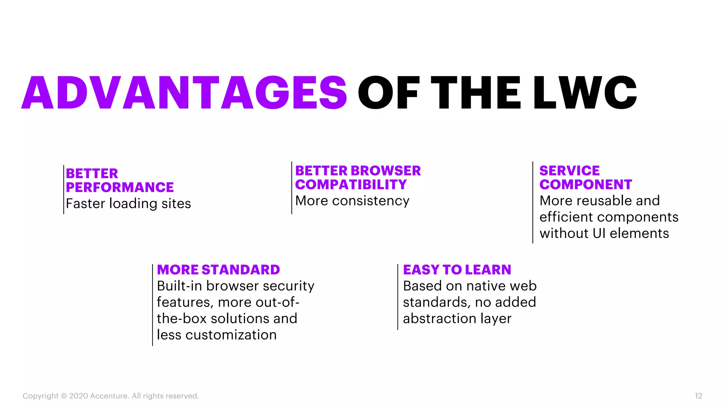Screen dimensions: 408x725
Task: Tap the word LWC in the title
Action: (x=585, y=93)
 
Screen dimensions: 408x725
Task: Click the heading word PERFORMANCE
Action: (x=120, y=187)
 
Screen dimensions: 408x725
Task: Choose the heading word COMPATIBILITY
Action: (x=351, y=185)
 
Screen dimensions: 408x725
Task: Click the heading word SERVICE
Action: (x=569, y=171)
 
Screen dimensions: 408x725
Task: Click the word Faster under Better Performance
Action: (x=86, y=204)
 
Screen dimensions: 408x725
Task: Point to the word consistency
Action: (x=371, y=201)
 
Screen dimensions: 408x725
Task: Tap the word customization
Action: (x=231, y=335)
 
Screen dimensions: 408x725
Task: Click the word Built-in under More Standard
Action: (x=179, y=286)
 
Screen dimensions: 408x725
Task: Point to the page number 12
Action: (x=698, y=396)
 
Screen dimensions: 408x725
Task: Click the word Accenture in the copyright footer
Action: (x=109, y=396)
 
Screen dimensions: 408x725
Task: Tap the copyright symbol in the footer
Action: (x=64, y=396)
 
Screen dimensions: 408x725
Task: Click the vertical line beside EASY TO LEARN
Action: (x=398, y=297)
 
